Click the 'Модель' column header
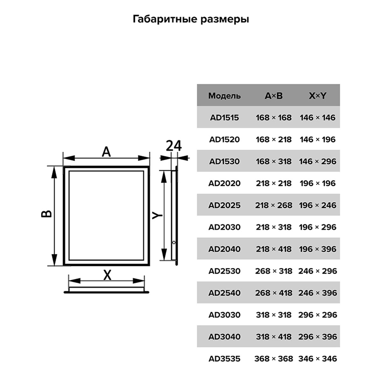(224, 96)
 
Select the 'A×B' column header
(273, 96)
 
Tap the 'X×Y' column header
(317, 96)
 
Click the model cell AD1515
(224, 118)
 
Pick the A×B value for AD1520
(273, 139)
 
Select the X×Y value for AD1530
(318, 162)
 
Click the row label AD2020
(224, 183)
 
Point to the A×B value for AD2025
(273, 205)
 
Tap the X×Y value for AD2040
(318, 249)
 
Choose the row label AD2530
(224, 271)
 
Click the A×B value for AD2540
(273, 293)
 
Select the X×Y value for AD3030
(318, 315)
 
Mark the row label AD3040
(224, 336)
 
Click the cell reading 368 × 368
(273, 359)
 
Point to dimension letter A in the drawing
(106, 152)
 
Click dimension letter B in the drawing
(46, 214)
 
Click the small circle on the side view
(174, 243)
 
